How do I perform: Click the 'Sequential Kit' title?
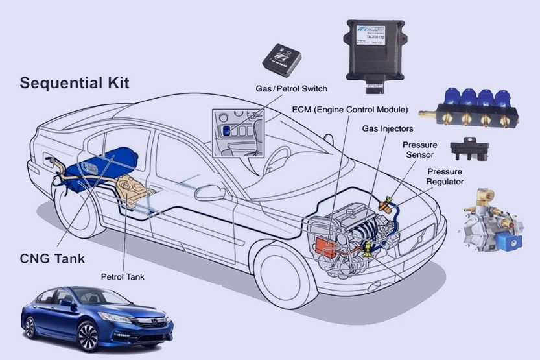75,83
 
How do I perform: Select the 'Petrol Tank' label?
123,276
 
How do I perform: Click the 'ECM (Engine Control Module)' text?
350,109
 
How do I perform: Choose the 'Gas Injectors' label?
388,129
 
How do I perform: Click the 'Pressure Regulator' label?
444,176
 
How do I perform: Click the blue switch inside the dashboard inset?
226,130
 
